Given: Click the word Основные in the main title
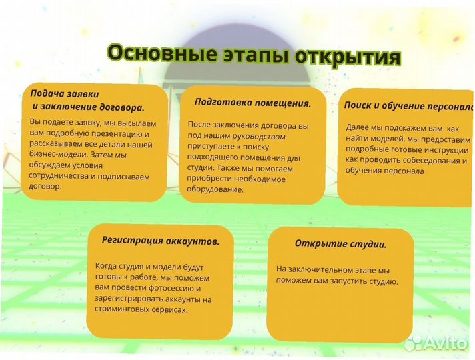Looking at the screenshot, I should [x=155, y=54].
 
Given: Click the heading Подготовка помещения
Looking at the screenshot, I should [x=253, y=103].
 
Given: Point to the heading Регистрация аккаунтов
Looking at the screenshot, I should [x=161, y=240].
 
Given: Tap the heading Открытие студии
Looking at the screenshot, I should [x=340, y=244].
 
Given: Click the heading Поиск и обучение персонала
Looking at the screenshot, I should [x=408, y=106].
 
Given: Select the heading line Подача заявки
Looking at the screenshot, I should [x=65, y=94].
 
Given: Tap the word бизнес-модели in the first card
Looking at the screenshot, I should [x=58, y=155].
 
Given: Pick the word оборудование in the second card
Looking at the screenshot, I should [x=215, y=189].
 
